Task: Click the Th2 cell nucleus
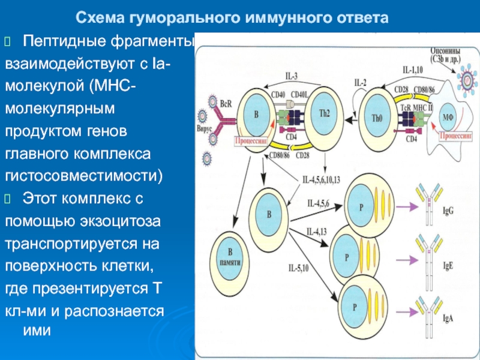click(x=324, y=114)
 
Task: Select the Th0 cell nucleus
click(x=377, y=118)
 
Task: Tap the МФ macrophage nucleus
click(x=448, y=118)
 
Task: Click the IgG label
click(x=448, y=211)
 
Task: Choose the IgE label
click(x=448, y=266)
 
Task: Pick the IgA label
click(x=448, y=319)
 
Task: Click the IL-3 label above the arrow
click(x=291, y=76)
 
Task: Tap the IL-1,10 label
click(x=412, y=70)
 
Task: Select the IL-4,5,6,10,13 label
click(x=321, y=179)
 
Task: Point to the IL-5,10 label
click(x=298, y=268)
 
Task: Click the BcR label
click(x=226, y=104)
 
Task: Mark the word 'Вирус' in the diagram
click(x=204, y=129)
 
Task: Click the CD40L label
click(x=299, y=95)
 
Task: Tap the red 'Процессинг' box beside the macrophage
click(x=455, y=136)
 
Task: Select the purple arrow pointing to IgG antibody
click(x=407, y=207)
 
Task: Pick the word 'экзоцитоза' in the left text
click(x=120, y=221)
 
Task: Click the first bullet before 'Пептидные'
click(x=8, y=41)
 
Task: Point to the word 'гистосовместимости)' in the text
click(x=84, y=176)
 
